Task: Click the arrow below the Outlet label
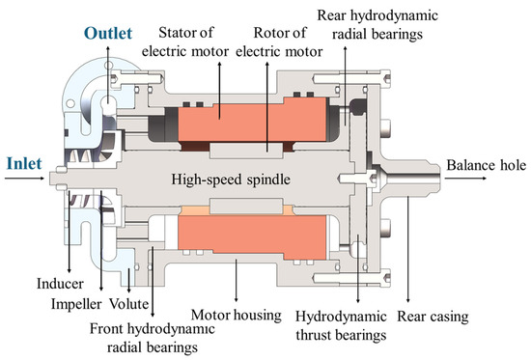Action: point(112,66)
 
